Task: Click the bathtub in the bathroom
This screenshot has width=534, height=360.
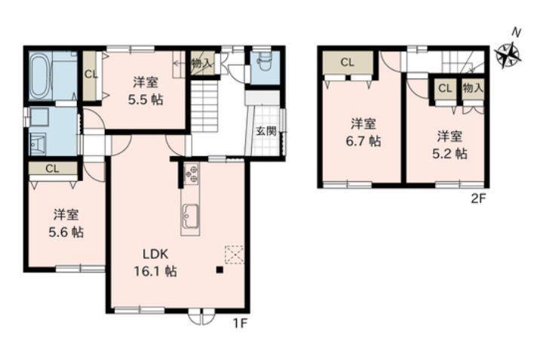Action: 41,76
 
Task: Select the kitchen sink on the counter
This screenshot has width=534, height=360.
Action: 190,217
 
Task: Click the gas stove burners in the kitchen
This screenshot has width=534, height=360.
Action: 192,174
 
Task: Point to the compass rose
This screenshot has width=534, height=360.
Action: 508,54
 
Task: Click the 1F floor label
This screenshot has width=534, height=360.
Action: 240,323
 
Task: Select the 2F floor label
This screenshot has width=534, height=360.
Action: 477,198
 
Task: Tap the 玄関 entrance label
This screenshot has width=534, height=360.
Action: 266,131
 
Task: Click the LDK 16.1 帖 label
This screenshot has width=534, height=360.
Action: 155,263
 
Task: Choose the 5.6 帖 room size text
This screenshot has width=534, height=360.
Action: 66,232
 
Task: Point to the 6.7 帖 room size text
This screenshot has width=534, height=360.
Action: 364,141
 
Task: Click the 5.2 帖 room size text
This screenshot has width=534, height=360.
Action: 450,154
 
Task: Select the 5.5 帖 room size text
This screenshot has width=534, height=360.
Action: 146,100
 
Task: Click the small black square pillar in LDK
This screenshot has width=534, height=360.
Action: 219,270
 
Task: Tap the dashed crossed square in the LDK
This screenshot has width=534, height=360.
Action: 235,254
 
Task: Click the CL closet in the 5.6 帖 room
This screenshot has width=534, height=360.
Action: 53,168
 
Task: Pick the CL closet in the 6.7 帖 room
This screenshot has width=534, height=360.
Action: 348,63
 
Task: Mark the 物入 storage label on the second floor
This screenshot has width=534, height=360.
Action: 473,88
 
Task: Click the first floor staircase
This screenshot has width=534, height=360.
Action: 204,106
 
